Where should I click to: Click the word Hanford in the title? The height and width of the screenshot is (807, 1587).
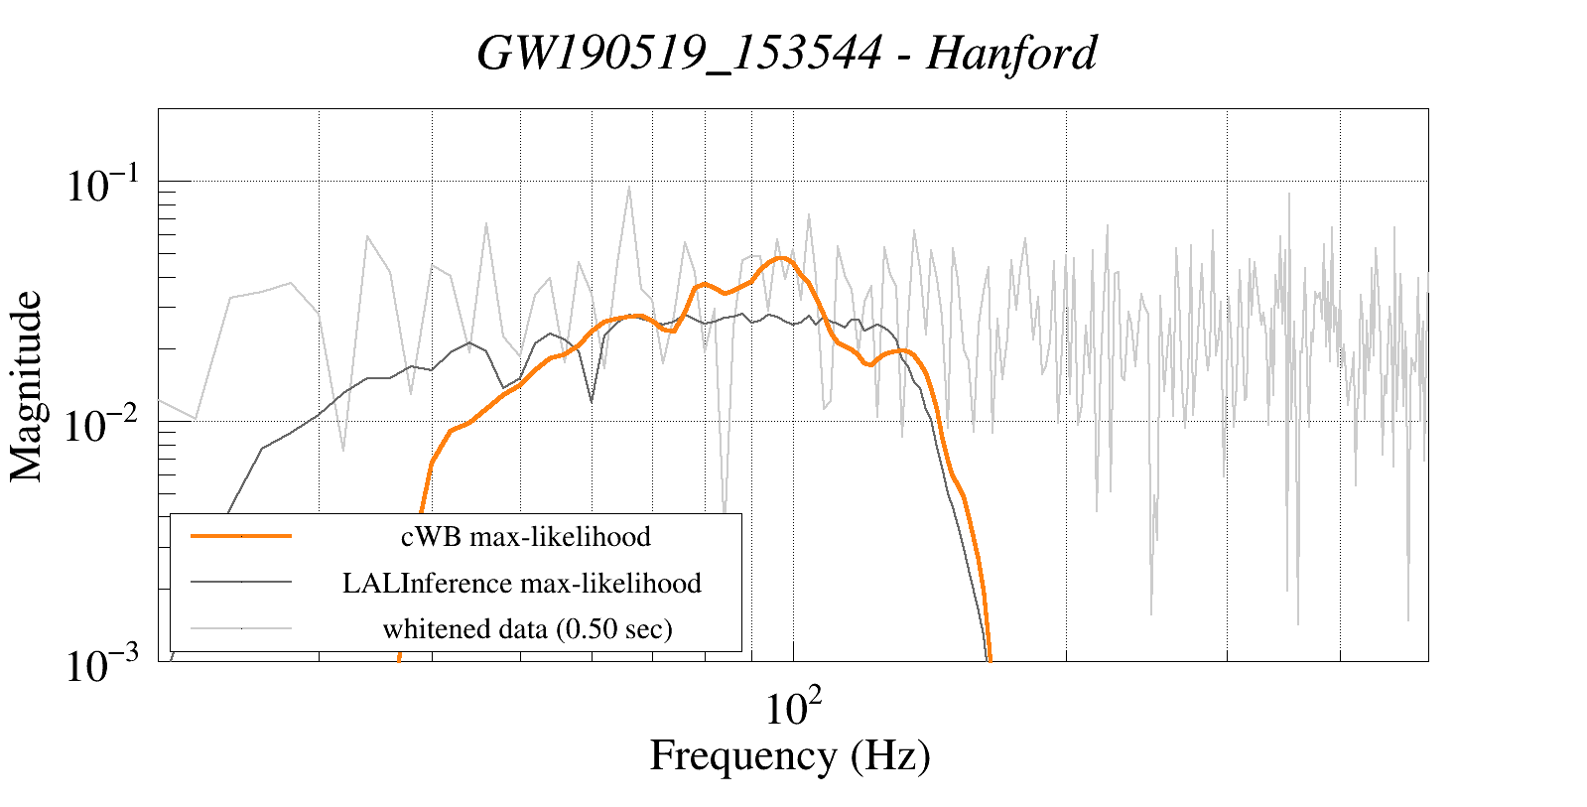click(x=1011, y=53)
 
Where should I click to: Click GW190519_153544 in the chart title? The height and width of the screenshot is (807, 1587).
click(x=679, y=53)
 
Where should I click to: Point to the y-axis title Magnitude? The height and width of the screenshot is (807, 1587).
click(x=27, y=386)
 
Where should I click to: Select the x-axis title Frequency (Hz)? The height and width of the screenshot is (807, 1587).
click(x=790, y=755)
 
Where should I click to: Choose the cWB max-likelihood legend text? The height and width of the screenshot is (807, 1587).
click(x=525, y=537)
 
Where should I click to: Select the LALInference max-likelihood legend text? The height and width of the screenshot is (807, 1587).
click(x=522, y=583)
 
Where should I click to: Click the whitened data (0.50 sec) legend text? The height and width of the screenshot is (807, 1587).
click(x=527, y=628)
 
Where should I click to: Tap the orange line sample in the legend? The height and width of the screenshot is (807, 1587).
click(x=241, y=536)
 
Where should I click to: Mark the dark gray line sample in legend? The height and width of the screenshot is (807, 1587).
click(x=241, y=582)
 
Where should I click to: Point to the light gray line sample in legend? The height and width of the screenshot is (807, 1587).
click(x=241, y=627)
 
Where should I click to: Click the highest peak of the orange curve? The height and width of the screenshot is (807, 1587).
click(x=782, y=258)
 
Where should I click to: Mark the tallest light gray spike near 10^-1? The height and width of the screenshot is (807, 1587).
click(x=628, y=188)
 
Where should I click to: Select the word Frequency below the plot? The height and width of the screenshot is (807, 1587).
click(x=742, y=755)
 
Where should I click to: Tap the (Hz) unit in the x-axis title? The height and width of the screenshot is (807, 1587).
click(x=890, y=755)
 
